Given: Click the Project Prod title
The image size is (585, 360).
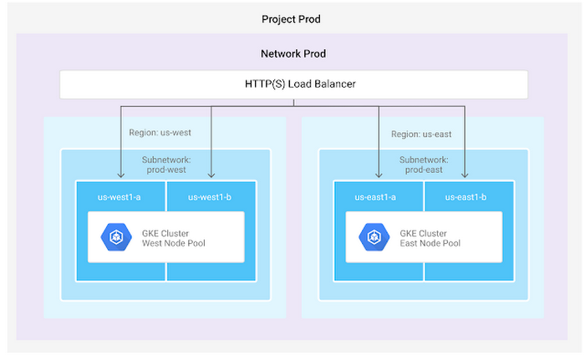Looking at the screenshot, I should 292,18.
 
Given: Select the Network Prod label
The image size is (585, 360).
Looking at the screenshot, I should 292,54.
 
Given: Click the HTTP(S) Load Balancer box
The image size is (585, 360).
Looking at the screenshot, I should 292,84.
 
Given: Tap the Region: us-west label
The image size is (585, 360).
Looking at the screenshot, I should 160,133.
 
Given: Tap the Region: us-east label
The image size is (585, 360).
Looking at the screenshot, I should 423,133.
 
